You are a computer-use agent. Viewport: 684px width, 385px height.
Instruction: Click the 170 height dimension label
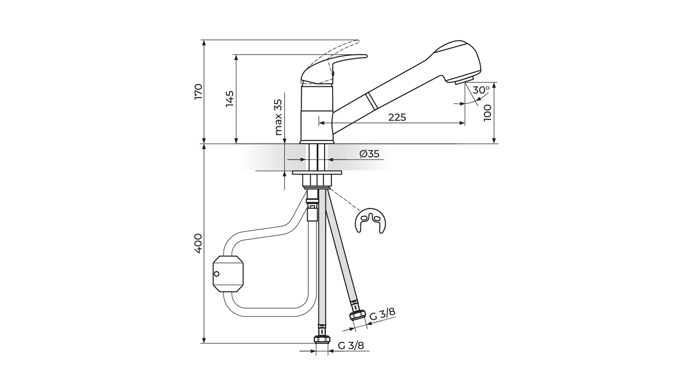tap(199, 92)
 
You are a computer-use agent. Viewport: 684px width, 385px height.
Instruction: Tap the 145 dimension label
tap(230, 99)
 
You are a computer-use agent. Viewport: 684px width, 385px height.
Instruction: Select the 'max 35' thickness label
tap(278, 117)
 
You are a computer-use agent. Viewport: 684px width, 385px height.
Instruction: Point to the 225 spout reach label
tap(397, 117)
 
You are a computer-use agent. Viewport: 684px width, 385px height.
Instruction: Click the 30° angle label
tap(481, 90)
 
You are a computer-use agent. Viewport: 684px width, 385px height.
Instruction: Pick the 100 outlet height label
tap(487, 113)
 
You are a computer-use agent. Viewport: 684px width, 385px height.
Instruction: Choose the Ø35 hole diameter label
tap(369, 154)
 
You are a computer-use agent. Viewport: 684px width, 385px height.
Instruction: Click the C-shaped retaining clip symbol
tap(370, 221)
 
